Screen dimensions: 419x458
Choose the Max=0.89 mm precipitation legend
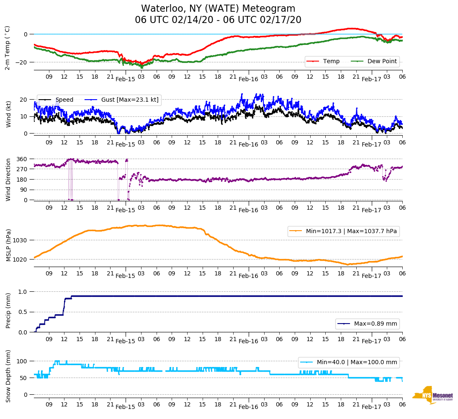click(376, 324)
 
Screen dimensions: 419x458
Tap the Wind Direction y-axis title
click(8, 180)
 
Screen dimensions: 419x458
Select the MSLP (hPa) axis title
click(8, 245)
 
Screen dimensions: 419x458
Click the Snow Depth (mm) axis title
click(8, 376)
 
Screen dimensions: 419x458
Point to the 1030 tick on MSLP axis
click(21, 240)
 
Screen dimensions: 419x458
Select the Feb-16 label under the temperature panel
click(248, 79)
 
